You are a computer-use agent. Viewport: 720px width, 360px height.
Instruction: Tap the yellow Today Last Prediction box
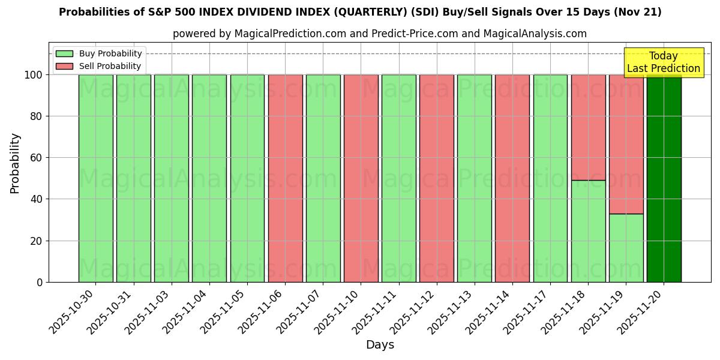click(663, 62)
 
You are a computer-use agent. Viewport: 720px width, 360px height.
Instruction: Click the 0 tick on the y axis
click(40, 282)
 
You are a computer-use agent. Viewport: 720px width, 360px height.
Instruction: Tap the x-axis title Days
click(380, 345)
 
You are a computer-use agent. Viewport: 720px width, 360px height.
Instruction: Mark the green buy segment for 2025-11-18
click(588, 231)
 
